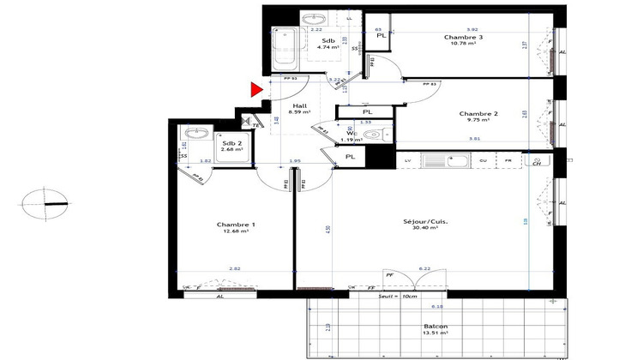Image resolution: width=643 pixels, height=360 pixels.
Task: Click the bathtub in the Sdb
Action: [x=284, y=47]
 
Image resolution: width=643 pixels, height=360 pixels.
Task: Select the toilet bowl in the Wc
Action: [x=370, y=135]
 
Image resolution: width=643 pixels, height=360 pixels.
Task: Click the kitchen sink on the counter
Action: [x=446, y=160]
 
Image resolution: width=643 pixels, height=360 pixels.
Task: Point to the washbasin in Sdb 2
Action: [x=194, y=134]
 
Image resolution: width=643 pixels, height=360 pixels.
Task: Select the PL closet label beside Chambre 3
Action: [x=381, y=36]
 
